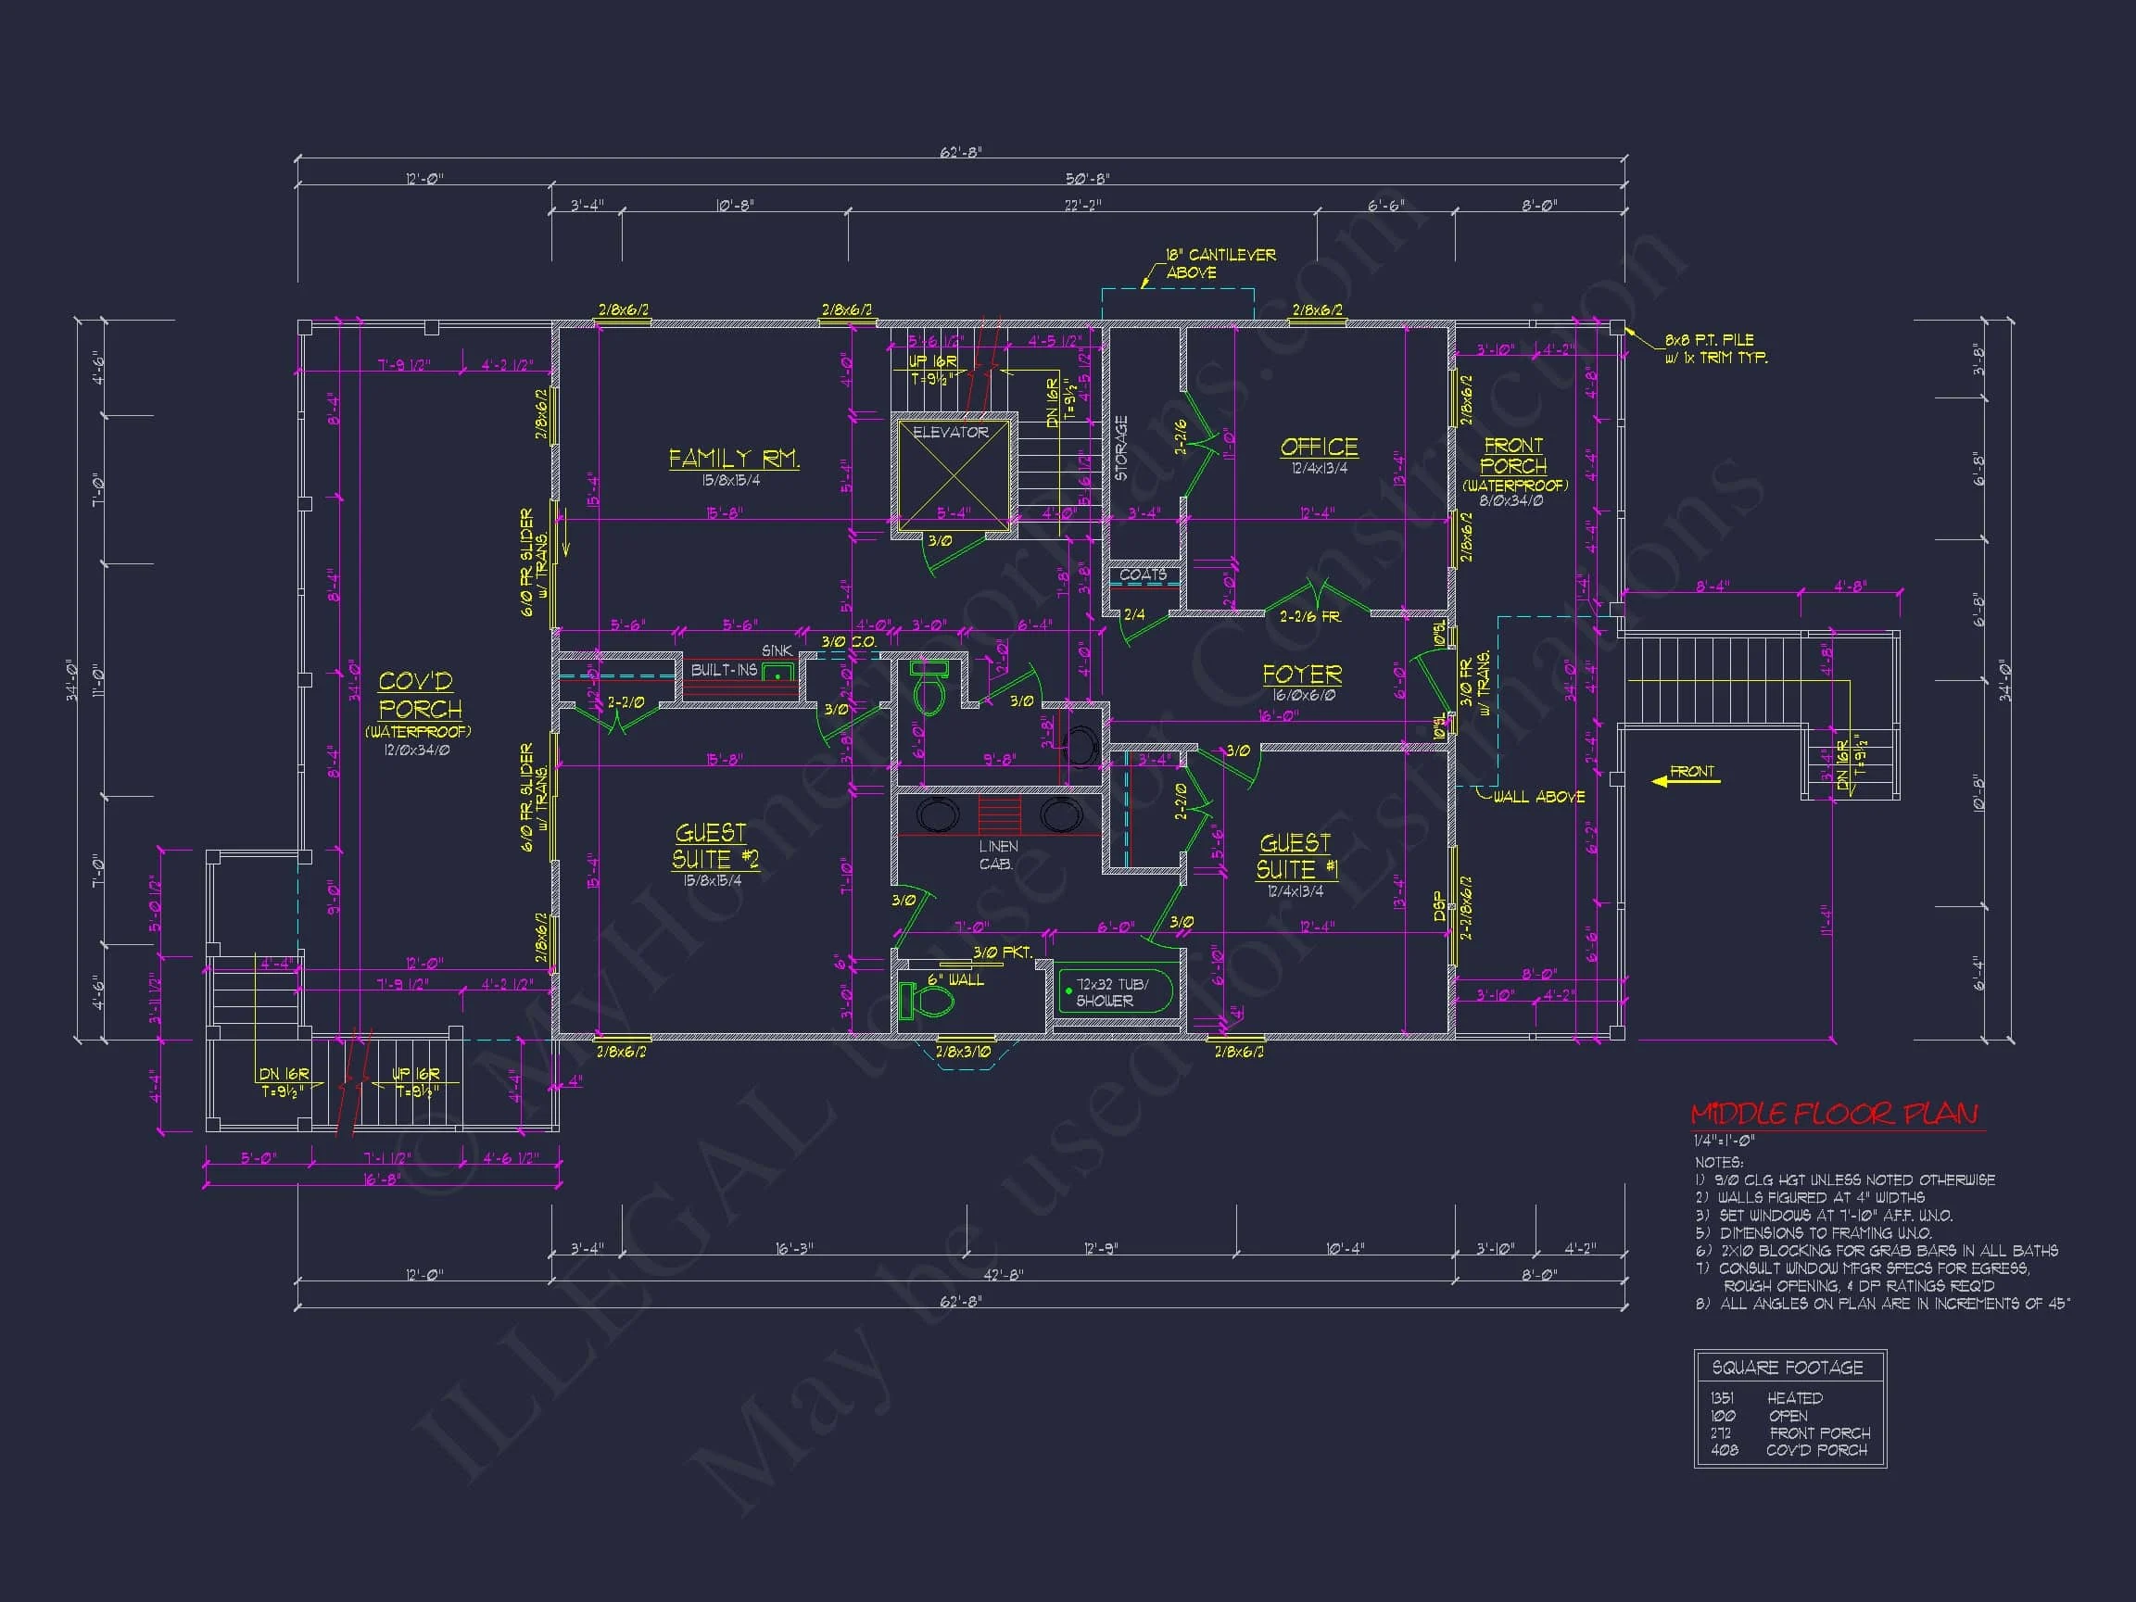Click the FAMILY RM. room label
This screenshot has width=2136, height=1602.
(x=734, y=458)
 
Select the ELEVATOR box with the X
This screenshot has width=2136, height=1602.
(x=953, y=473)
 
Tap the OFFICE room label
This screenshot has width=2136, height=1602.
(x=1319, y=448)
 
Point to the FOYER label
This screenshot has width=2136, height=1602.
(x=1302, y=674)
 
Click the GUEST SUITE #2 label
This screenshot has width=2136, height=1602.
(x=715, y=846)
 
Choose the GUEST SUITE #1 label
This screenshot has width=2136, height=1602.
(x=1296, y=856)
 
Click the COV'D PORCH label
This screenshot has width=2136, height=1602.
(x=418, y=695)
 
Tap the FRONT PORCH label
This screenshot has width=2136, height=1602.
(x=1513, y=455)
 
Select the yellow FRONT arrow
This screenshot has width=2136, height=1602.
(x=1685, y=776)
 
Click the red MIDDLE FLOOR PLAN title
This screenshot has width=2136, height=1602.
(x=1834, y=1115)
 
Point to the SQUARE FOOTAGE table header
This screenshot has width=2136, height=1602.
(x=1788, y=1368)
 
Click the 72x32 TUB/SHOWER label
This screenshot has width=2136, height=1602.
(x=1110, y=992)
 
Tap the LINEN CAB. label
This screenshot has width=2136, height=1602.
(x=997, y=854)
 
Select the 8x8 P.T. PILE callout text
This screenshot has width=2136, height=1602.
(x=1715, y=348)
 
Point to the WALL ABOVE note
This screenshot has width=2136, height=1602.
(x=1538, y=797)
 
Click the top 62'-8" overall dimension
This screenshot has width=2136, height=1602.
(x=960, y=153)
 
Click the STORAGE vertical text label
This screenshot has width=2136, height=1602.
(x=1121, y=448)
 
